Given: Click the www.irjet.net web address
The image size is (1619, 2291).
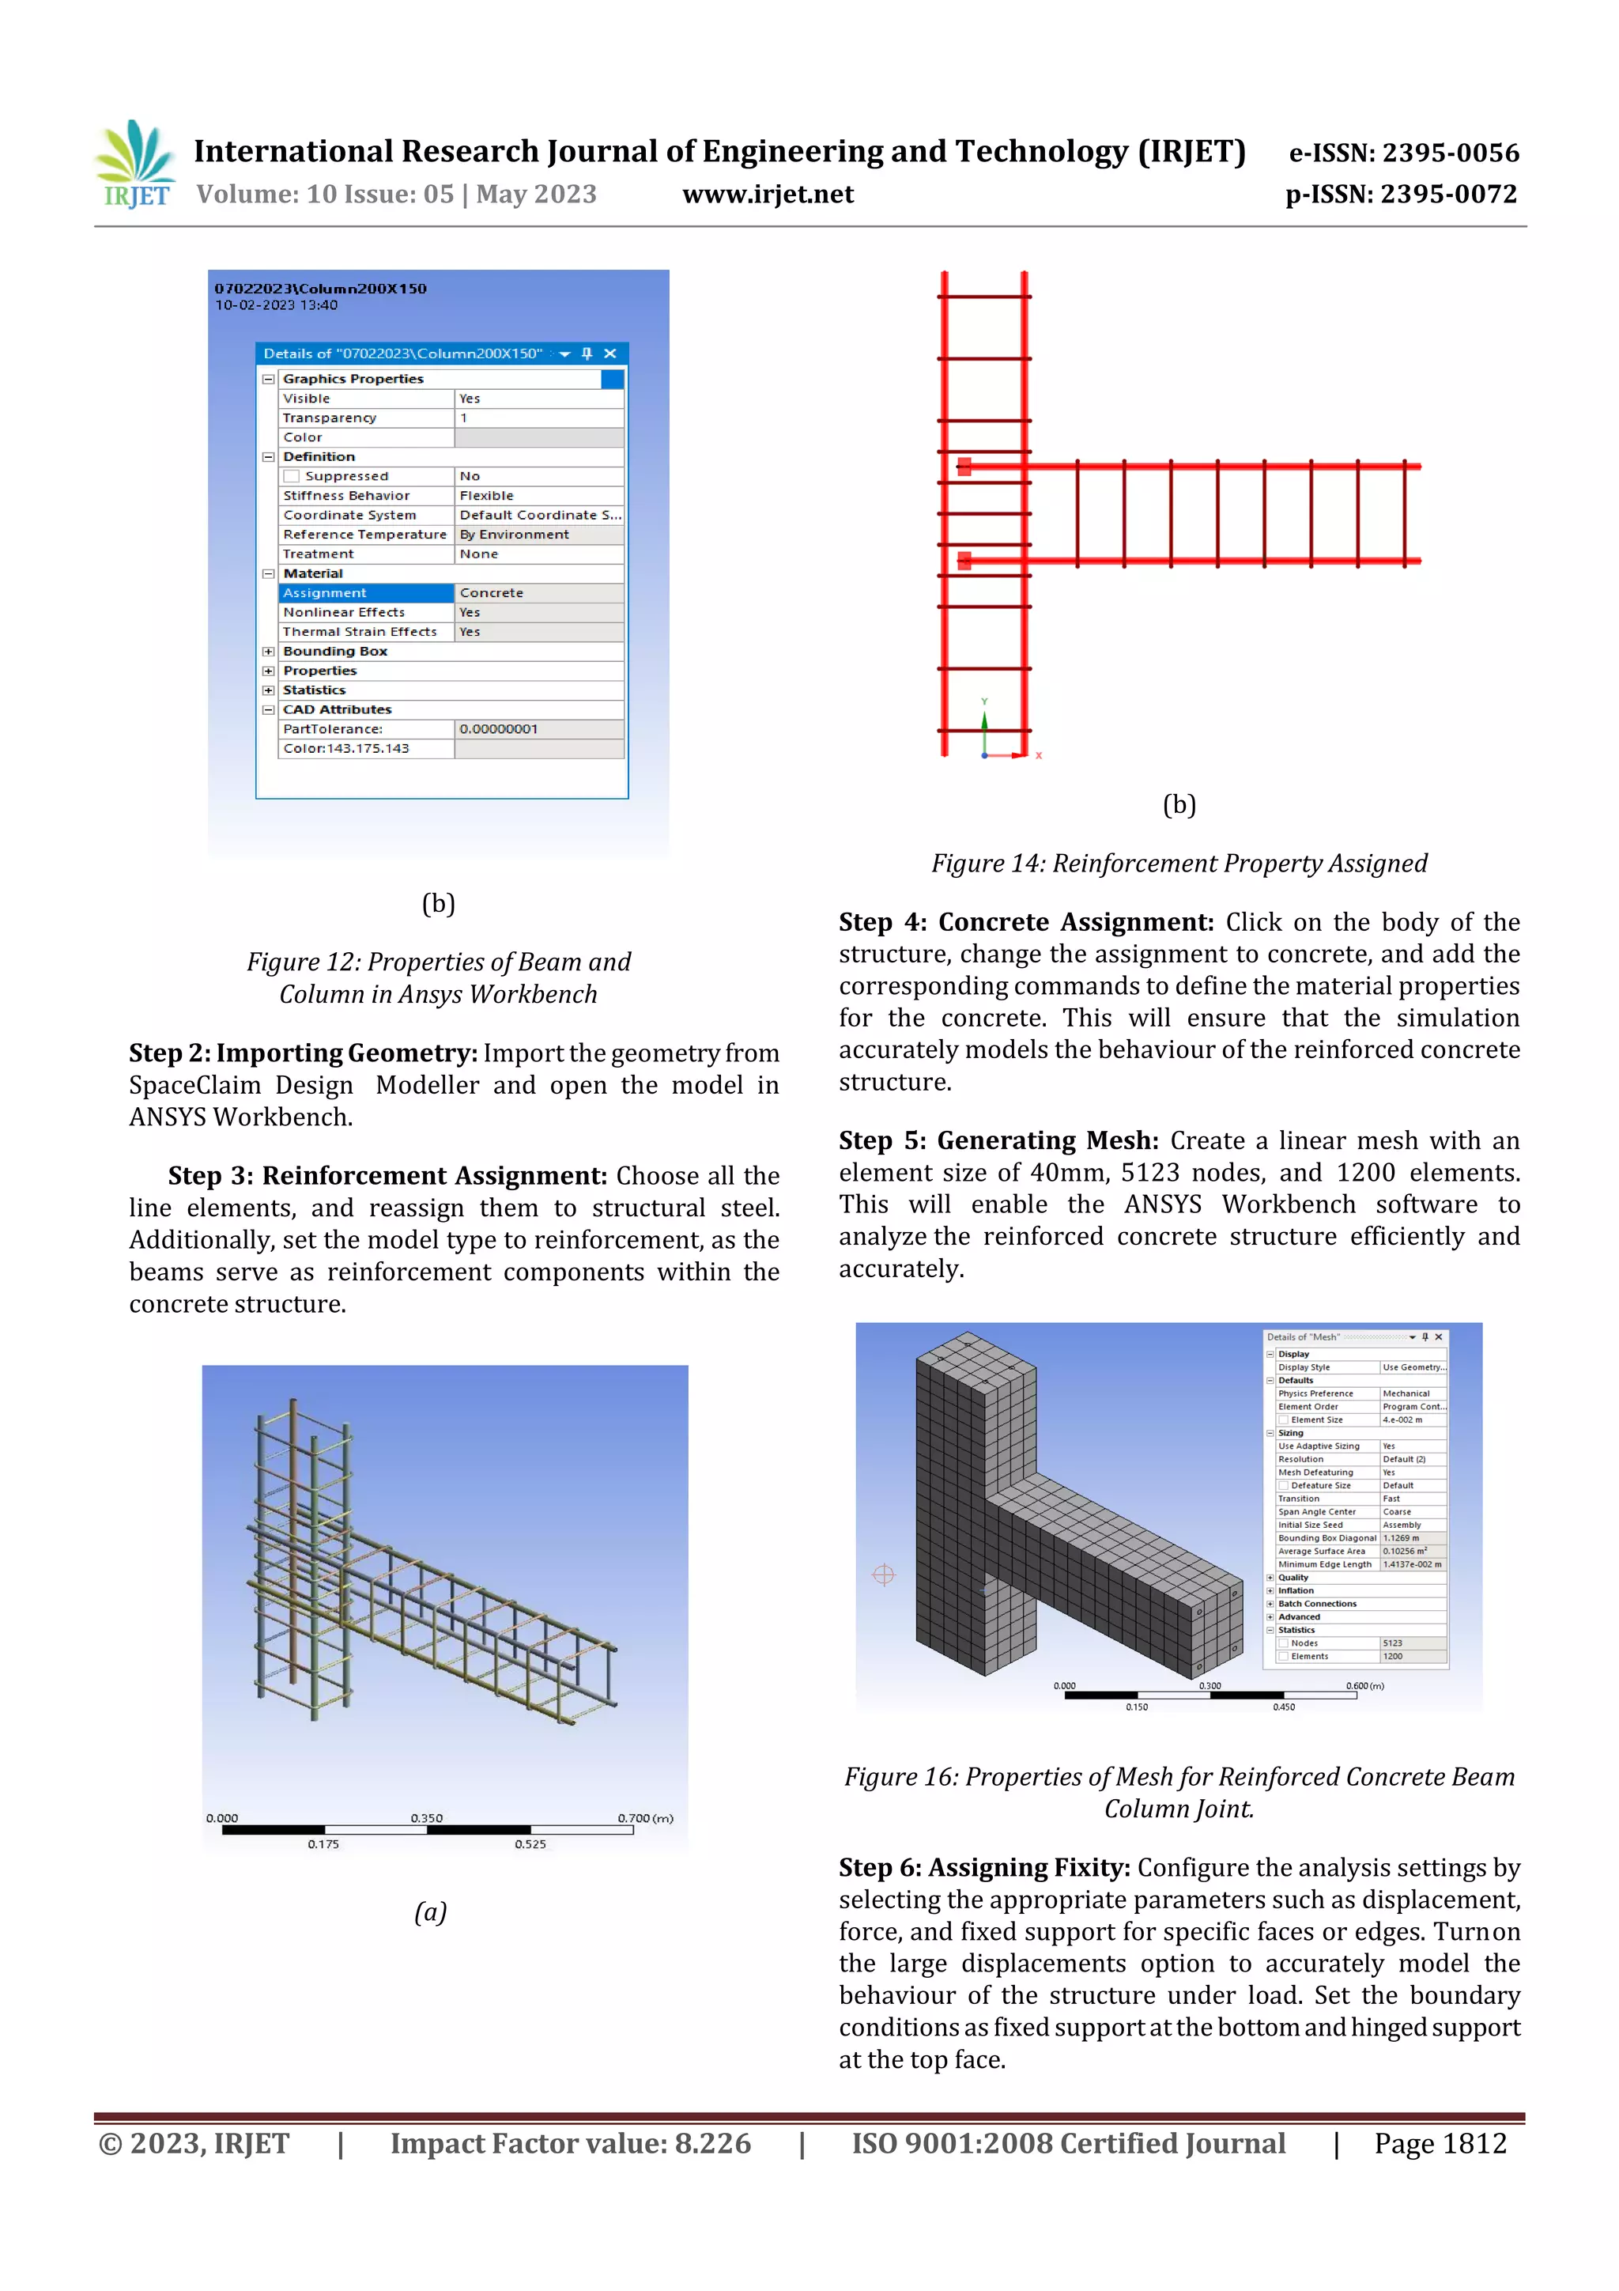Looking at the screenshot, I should [767, 195].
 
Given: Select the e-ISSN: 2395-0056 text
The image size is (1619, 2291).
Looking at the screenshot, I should [1403, 153].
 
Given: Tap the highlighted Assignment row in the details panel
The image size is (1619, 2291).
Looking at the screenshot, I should [366, 592].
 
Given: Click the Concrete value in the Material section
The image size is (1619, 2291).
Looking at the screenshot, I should [492, 592].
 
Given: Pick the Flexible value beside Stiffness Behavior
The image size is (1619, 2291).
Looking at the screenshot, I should [487, 496].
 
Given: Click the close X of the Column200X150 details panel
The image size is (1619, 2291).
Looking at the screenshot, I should [610, 353].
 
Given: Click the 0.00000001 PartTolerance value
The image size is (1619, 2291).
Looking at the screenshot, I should [499, 729].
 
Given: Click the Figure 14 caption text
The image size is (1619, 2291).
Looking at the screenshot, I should [1179, 863].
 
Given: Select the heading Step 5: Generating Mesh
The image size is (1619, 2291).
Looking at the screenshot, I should [998, 1140].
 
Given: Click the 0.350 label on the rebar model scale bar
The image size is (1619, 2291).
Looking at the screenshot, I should [426, 1817].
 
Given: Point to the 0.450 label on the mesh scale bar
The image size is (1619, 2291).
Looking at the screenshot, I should [1283, 1707].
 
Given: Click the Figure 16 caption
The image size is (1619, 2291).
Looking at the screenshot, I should [1179, 1792].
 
